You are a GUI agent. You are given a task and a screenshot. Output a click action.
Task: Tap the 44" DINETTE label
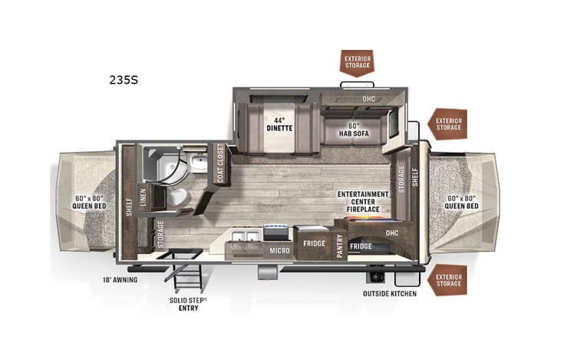pos(279,124)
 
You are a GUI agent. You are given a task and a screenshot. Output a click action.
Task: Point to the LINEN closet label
pos(143,197)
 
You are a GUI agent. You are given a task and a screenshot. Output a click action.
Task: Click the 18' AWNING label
pos(120,280)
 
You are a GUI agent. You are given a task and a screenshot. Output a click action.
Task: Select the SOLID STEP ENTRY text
pos(188,304)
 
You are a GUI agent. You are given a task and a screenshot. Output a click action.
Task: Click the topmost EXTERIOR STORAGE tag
pos(357,61)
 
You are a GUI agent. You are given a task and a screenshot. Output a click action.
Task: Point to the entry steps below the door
pos(188,276)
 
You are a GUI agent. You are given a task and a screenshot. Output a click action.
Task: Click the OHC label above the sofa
pos(368,100)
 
